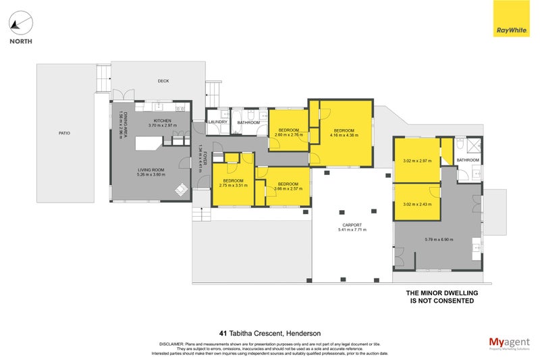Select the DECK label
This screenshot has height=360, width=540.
(x=163, y=81)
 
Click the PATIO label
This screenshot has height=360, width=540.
(x=63, y=133)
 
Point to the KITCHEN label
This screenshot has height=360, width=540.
(x=163, y=120)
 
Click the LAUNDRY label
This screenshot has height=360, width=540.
(x=217, y=122)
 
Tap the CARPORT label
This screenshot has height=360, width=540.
(x=352, y=225)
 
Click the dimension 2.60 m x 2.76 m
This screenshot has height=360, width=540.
(x=288, y=135)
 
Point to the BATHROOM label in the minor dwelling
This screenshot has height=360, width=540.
(x=468, y=160)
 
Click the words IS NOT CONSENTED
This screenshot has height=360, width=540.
(x=441, y=301)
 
